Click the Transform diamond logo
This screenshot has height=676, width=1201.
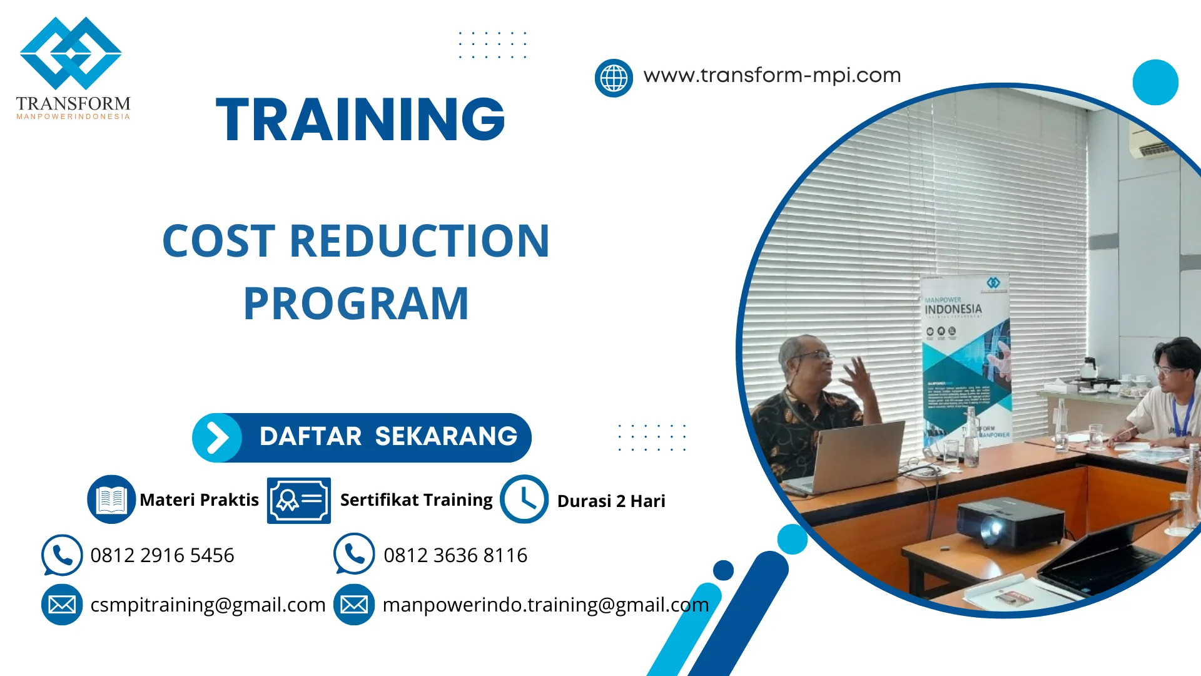(x=71, y=53)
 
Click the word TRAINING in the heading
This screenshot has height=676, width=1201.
(x=360, y=120)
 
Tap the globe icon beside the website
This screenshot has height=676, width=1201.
(x=614, y=78)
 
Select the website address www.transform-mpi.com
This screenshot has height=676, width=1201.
(x=772, y=76)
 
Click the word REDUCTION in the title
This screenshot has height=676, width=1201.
(x=419, y=241)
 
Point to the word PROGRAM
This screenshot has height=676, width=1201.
(x=356, y=304)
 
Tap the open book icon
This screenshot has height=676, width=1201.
(x=111, y=499)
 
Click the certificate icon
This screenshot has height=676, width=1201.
(x=298, y=500)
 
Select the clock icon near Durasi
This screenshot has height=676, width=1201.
(x=524, y=499)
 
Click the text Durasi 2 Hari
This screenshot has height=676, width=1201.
(x=611, y=501)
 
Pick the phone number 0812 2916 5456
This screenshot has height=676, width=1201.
(x=162, y=555)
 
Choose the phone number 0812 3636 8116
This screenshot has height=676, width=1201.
(x=455, y=555)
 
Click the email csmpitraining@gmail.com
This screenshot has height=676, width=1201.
(x=208, y=605)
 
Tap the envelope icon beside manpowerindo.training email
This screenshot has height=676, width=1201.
(x=354, y=605)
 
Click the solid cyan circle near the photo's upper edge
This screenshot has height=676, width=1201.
(x=1155, y=82)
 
